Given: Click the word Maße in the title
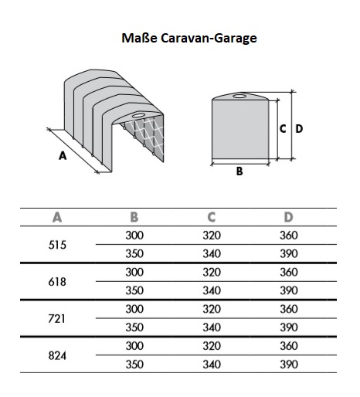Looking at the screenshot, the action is (x=139, y=38).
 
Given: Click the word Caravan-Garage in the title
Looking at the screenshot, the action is (x=209, y=39).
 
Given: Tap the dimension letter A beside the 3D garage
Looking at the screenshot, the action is (x=63, y=156).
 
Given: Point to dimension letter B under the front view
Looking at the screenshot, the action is (x=239, y=171).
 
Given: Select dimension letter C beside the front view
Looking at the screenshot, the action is (x=283, y=129).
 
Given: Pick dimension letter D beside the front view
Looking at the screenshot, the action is (x=299, y=129).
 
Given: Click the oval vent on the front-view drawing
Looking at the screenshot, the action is (x=239, y=97).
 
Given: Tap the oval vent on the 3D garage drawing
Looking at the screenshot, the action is (x=138, y=115).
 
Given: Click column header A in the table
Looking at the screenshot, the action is (x=57, y=217).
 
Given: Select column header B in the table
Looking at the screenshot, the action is (x=134, y=217).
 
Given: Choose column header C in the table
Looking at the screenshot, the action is (x=212, y=217).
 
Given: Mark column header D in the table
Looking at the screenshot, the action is (x=289, y=217).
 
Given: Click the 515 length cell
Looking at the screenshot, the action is (x=57, y=245).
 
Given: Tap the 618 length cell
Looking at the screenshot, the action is (x=57, y=282).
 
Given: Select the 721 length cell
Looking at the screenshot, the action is (x=56, y=319).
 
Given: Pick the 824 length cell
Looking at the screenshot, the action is (x=57, y=356).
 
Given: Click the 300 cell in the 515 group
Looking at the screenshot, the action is (x=134, y=236).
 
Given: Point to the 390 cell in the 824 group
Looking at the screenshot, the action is (x=289, y=365).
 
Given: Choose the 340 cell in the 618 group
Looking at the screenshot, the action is (x=212, y=290).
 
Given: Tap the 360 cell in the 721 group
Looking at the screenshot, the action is (x=289, y=309).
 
